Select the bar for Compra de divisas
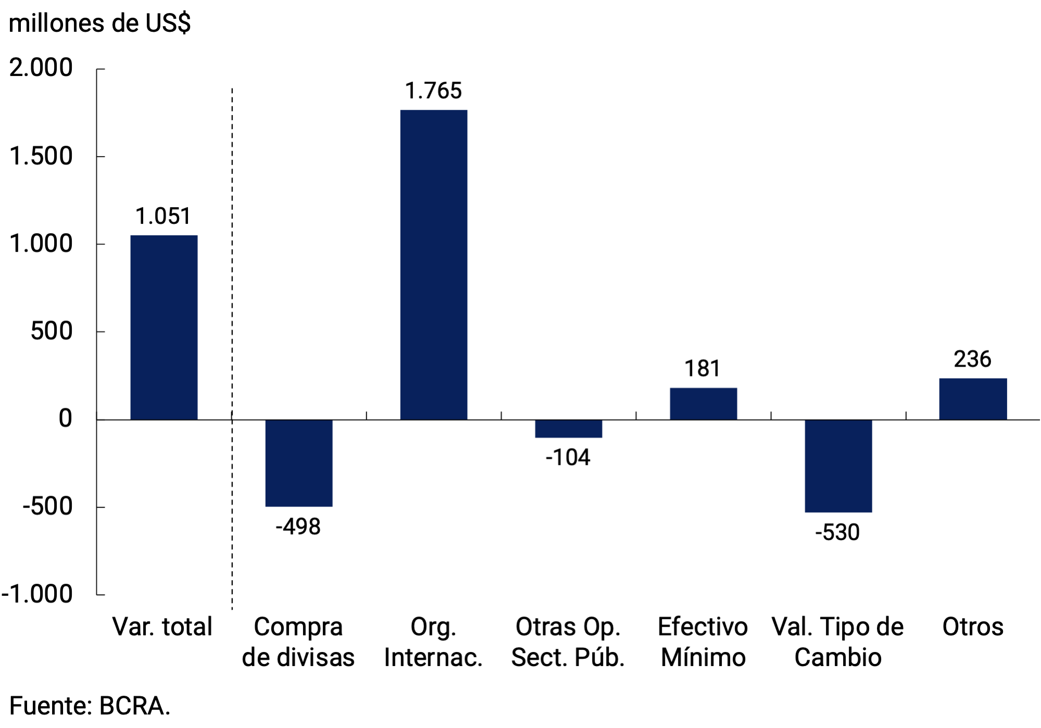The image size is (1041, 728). pos(298,462)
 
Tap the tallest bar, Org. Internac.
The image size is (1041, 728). pos(433,265)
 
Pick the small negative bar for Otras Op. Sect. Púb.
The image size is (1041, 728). pos(568,429)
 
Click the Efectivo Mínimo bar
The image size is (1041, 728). pos(703,404)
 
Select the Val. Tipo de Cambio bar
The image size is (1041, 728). pos(838,466)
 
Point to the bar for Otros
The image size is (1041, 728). pos(973,399)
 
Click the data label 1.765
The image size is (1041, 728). pos(433,91)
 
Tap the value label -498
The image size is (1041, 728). pos(298,527)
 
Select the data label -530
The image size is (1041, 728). pos(837,533)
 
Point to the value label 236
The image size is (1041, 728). pos(972,359)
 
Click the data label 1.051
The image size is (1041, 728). pos(163,217)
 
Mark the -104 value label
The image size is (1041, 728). pos(568,458)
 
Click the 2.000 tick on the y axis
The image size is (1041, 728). pos(41,68)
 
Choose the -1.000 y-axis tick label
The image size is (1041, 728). pos(37,594)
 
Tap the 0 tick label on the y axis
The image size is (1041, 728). pos(65,419)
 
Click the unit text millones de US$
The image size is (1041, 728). pos(99,23)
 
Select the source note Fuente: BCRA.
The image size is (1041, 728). pos(90,706)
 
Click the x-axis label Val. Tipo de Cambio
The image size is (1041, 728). pos(837,642)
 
